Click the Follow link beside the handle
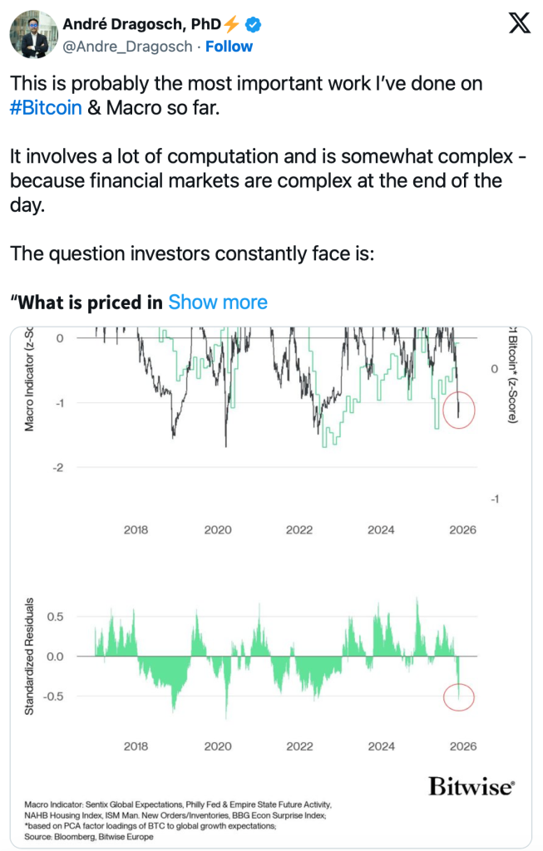pos(229,47)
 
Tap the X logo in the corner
pos(519,26)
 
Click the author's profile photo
pos(27,35)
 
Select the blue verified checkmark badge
pos(252,26)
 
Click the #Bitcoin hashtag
pos(46,109)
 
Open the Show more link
pos(218,303)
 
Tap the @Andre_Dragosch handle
pos(128,47)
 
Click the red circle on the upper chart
pos(458,410)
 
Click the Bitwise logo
pos(471,785)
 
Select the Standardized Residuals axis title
pos(29,657)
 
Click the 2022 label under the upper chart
pos(300,529)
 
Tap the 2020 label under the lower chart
pos(218,746)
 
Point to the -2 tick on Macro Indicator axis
pos(59,468)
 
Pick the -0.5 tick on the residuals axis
pos(52,696)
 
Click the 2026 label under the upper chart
pos(462,529)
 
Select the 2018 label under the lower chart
pos(136,746)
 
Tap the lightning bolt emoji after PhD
pos(232,26)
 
